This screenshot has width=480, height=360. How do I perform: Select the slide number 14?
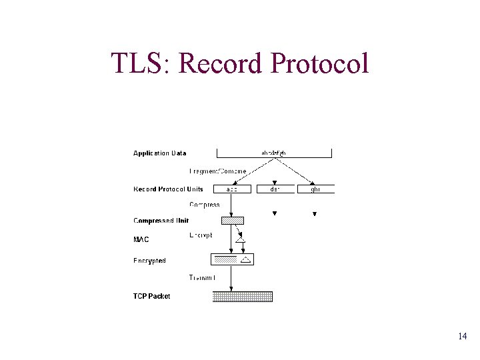(x=462, y=337)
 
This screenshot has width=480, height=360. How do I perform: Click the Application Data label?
(x=160, y=153)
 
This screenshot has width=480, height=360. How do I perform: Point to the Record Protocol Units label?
(x=168, y=189)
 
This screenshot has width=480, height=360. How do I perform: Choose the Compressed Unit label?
(x=161, y=221)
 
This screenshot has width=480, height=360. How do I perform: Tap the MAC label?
(x=141, y=239)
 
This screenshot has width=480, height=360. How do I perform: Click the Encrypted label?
(x=149, y=261)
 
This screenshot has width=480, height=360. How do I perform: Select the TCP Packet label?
(x=151, y=296)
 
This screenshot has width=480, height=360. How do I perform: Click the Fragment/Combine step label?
(x=218, y=171)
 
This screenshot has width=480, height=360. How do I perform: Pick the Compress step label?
(x=204, y=205)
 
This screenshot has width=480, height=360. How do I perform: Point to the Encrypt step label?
(x=201, y=235)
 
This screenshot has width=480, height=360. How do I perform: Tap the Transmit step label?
(x=202, y=277)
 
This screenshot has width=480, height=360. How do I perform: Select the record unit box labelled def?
(x=275, y=189)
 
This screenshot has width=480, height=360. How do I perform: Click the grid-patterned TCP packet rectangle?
(x=243, y=297)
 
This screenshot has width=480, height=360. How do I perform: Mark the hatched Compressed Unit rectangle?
(x=233, y=221)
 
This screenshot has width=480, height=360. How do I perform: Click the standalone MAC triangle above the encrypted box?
(x=241, y=239)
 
